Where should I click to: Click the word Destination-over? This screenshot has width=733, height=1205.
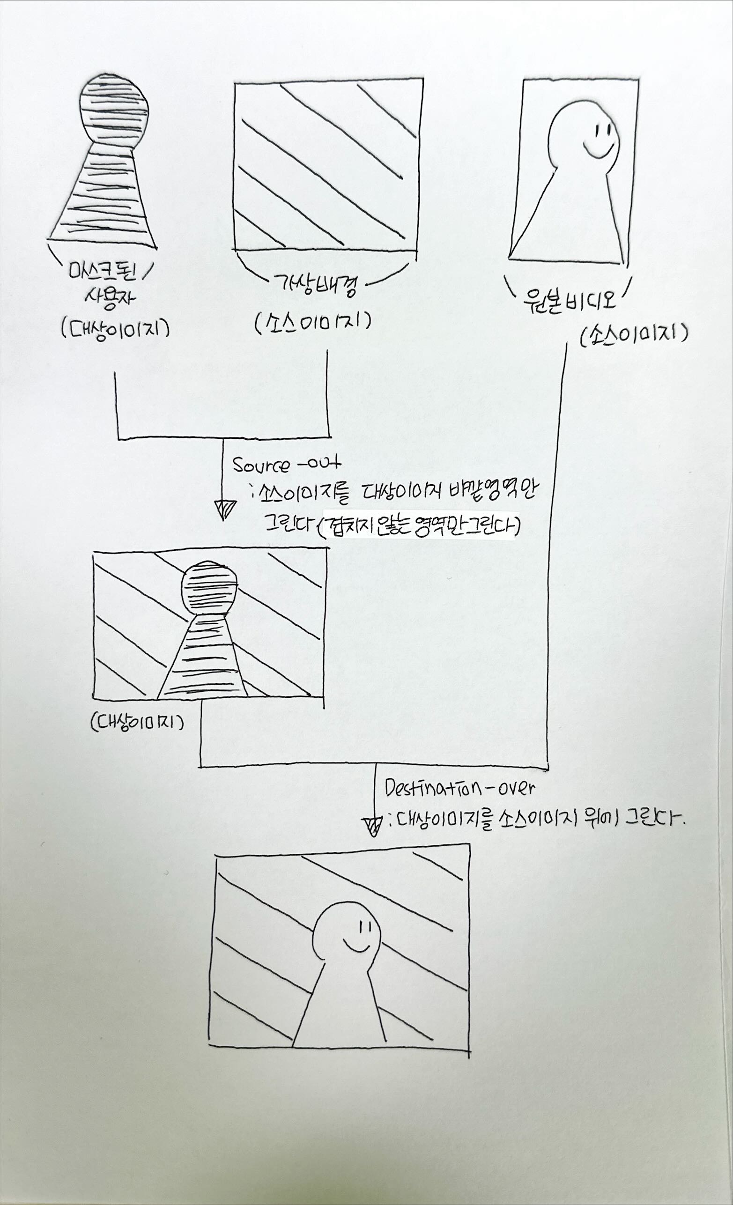(x=459, y=788)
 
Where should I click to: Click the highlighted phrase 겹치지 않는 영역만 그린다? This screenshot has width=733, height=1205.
(x=419, y=527)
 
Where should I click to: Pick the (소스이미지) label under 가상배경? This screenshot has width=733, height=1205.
(x=312, y=322)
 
